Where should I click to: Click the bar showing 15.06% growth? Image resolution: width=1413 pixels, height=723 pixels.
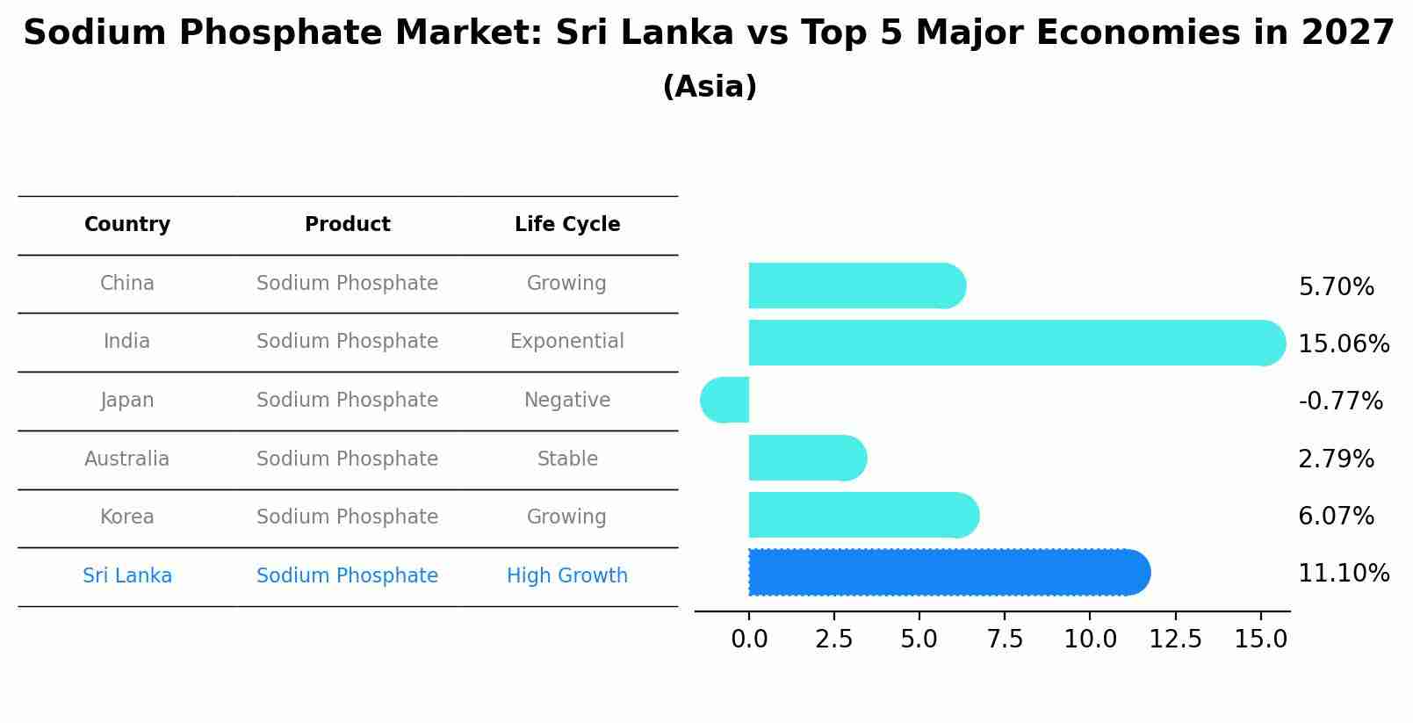point(1010,343)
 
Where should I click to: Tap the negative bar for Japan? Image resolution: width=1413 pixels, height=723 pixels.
point(725,401)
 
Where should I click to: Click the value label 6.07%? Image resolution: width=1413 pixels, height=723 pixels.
point(1336,516)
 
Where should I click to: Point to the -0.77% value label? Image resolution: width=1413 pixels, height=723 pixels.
point(1340,401)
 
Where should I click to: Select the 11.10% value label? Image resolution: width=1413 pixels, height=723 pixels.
point(1344,574)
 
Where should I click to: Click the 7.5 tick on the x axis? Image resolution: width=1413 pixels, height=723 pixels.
point(1005,640)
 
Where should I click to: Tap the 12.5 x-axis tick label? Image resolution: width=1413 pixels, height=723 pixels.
point(1175,640)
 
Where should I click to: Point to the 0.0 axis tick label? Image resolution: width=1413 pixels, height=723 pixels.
point(749,640)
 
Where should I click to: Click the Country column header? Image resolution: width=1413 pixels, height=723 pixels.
point(127,225)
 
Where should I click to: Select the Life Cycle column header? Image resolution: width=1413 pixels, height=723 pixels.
point(567,225)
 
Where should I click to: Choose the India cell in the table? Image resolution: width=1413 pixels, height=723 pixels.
point(127,342)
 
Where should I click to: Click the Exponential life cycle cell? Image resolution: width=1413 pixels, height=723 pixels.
point(567,342)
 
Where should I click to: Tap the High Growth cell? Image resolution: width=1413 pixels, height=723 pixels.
point(567,576)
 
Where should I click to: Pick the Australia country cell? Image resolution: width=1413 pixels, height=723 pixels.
point(127,459)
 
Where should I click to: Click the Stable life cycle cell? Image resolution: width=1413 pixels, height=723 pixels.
point(567,459)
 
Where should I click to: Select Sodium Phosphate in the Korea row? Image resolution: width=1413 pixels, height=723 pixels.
point(347,517)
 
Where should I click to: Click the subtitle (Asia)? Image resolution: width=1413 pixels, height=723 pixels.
point(710,87)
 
